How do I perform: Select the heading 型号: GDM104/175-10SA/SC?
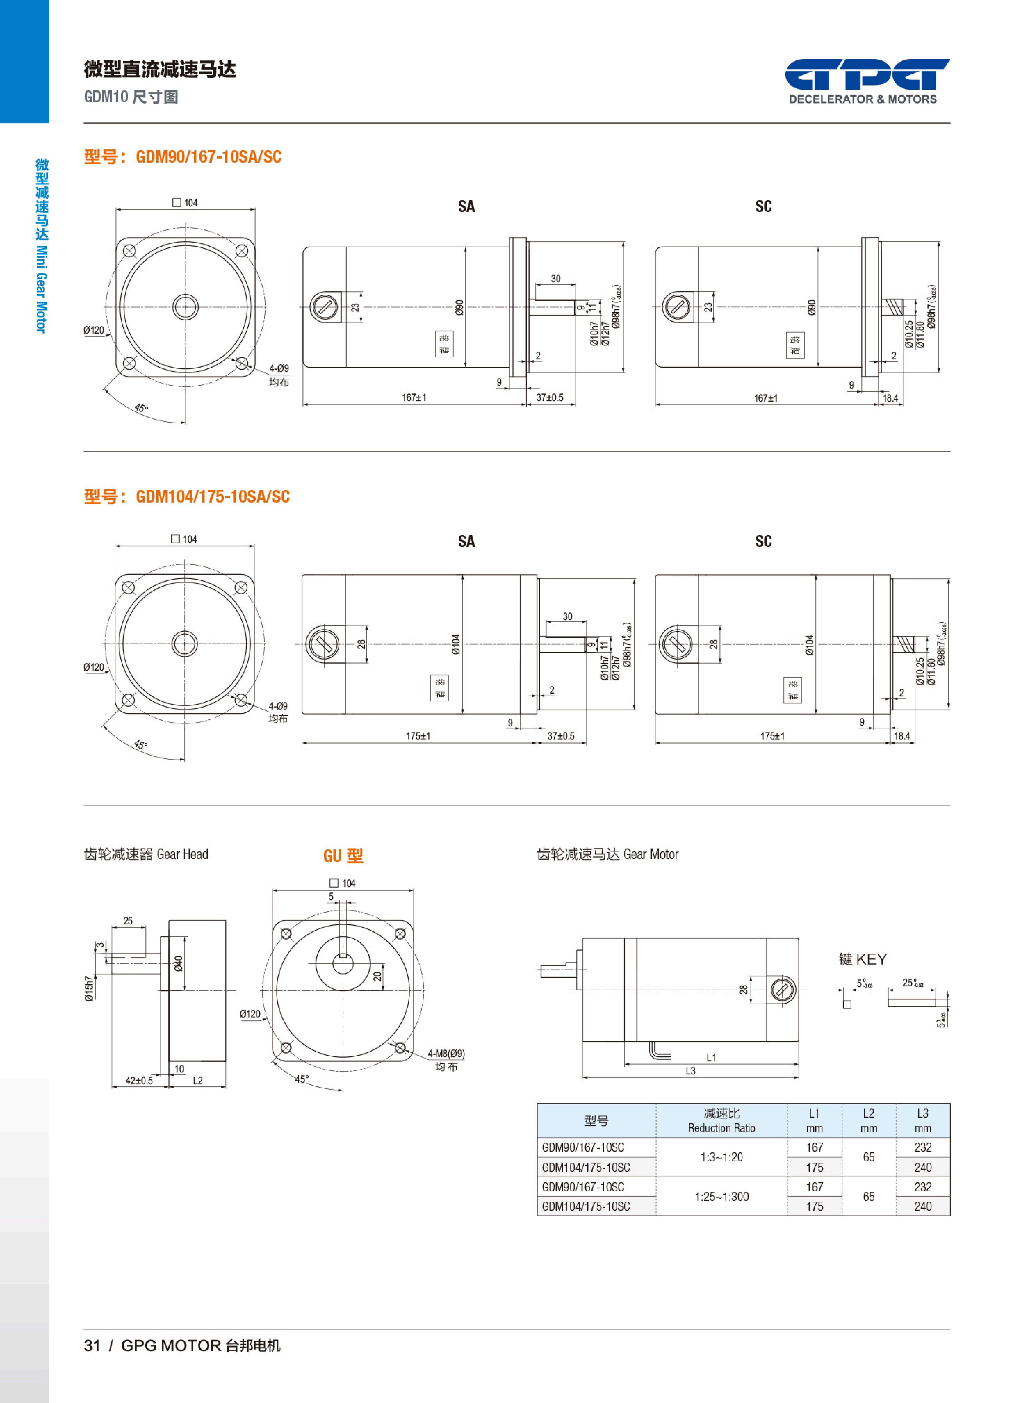[187, 497]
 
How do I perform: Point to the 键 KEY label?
[862, 959]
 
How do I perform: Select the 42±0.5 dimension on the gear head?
[139, 1081]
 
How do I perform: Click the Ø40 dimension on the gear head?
[179, 964]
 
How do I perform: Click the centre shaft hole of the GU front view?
[343, 964]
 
